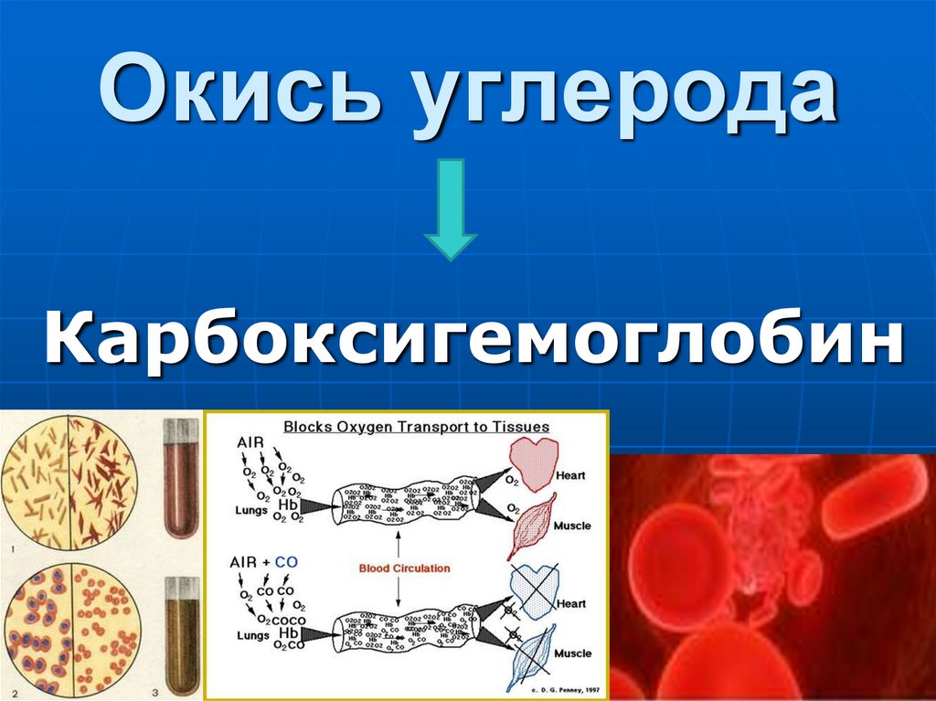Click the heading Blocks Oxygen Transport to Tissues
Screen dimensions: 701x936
[x=416, y=427]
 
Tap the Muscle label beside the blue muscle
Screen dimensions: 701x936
[x=573, y=654]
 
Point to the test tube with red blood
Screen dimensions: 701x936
[x=180, y=480]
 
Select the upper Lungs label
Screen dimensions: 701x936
[x=251, y=511]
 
